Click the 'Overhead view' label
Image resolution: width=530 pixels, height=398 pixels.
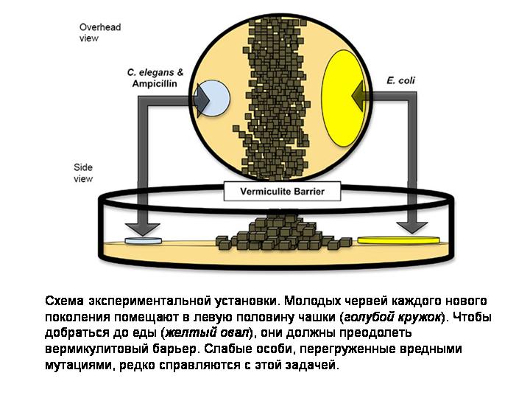point(99,32)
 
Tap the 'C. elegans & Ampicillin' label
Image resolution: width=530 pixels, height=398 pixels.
point(155,78)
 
